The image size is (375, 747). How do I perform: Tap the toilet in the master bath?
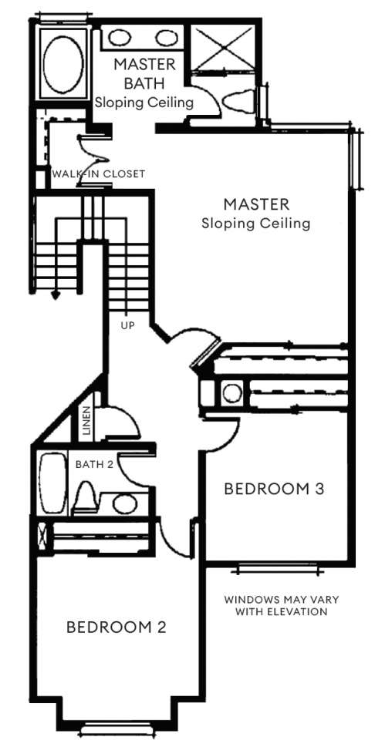click(238, 102)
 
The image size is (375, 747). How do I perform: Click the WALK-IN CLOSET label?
click(98, 174)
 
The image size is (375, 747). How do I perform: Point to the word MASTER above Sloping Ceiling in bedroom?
click(256, 204)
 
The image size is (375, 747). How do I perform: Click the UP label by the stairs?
click(127, 326)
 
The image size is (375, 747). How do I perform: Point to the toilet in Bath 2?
click(86, 498)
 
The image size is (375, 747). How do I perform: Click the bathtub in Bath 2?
click(53, 483)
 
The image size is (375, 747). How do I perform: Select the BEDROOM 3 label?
click(274, 489)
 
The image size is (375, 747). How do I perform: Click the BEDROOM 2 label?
click(117, 627)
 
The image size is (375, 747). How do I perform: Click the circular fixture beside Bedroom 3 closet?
click(232, 393)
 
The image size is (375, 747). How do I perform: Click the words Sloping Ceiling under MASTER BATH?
click(144, 102)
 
